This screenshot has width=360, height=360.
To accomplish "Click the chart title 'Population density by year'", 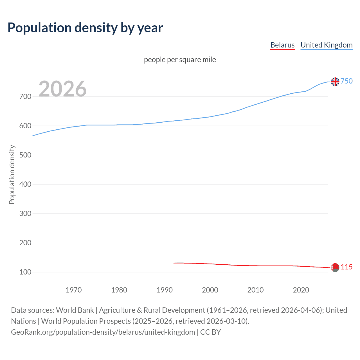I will [85, 28].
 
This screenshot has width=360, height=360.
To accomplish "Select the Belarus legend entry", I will [282, 45].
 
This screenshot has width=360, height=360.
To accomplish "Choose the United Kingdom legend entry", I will [326, 45].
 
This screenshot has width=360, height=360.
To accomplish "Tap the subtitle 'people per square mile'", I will [180, 60].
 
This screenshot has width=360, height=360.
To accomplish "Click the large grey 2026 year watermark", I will [62, 89].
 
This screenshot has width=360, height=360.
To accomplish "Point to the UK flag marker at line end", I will [335, 82].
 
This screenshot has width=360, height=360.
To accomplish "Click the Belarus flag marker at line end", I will [335, 267].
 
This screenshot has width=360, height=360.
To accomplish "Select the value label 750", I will [346, 81].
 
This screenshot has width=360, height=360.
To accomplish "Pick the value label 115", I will [346, 267].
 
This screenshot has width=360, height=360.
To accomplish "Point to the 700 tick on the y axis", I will [25, 96].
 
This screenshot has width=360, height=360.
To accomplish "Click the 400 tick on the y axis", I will [25, 184].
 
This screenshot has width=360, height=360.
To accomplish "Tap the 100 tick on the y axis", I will [25, 272].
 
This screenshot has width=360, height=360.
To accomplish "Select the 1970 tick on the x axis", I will [74, 290].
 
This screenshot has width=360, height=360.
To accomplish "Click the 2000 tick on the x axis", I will [210, 290].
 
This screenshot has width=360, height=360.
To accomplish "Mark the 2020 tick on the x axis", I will [301, 290].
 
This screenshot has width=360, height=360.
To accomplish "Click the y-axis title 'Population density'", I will [12, 174].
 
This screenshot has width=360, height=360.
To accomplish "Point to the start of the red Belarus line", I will [174, 263].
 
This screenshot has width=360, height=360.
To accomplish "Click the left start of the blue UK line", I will [33, 136].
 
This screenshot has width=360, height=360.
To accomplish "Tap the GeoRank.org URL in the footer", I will [103, 332].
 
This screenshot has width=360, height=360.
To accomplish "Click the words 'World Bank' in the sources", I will [75, 310].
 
